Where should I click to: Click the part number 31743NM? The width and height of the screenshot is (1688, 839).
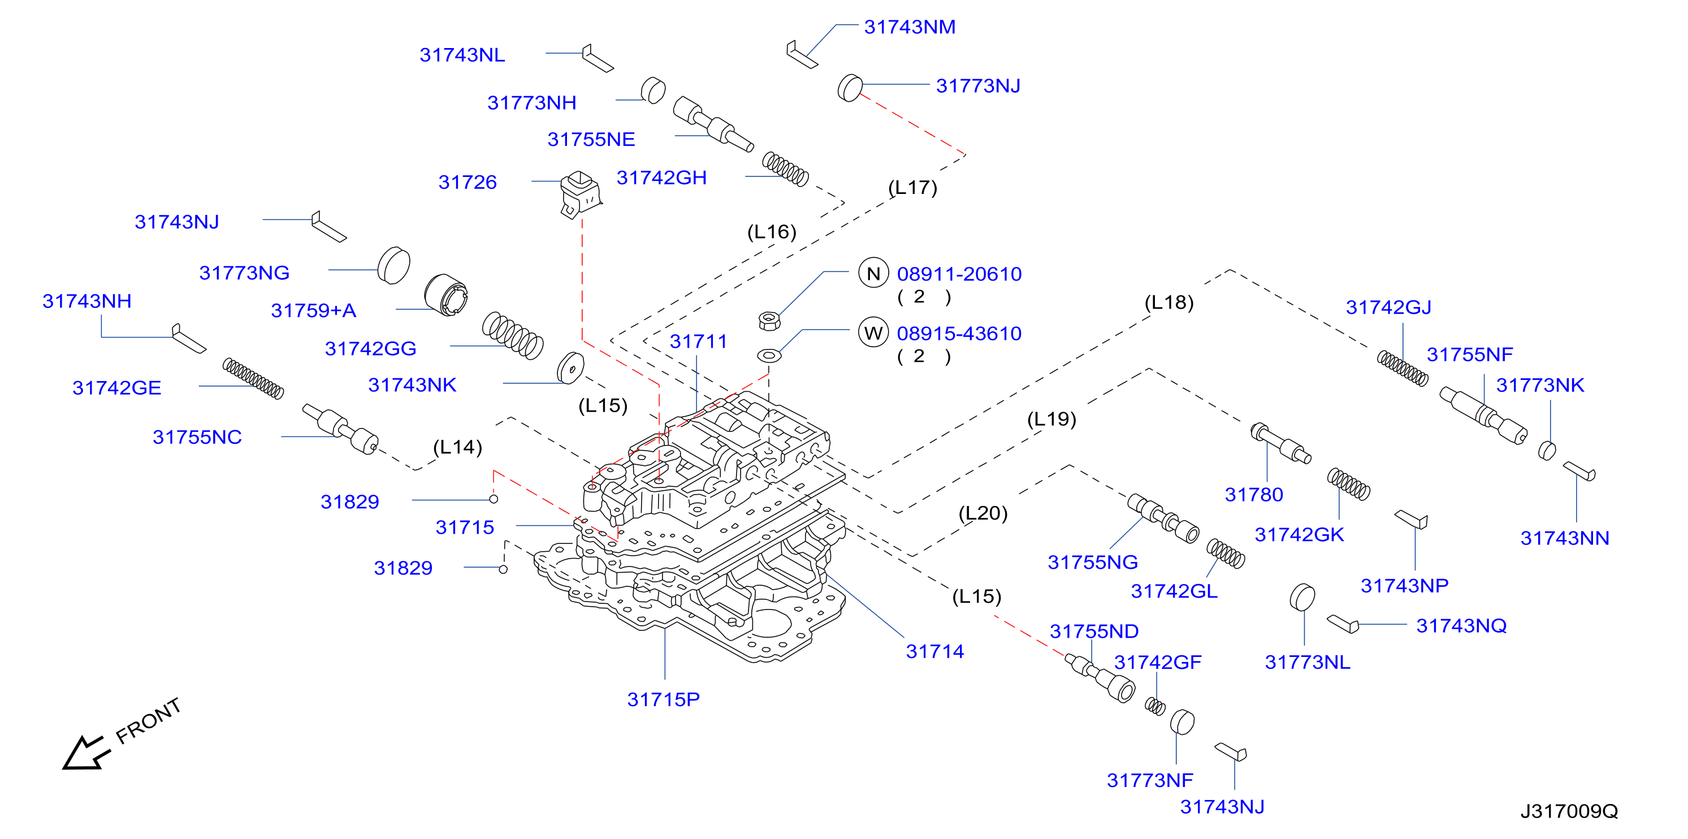(x=910, y=27)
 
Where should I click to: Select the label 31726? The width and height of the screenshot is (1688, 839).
(x=467, y=181)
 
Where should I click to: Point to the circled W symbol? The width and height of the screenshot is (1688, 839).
(x=873, y=333)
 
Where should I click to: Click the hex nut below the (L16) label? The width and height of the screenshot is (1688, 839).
(x=769, y=320)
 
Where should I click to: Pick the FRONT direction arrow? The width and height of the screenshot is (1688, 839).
(x=85, y=752)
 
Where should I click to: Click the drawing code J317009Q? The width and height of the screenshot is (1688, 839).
(x=1569, y=811)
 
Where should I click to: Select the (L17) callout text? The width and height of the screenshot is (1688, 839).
(x=913, y=188)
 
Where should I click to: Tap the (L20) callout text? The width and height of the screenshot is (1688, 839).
(x=983, y=513)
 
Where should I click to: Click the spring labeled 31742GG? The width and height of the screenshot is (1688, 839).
(x=512, y=335)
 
